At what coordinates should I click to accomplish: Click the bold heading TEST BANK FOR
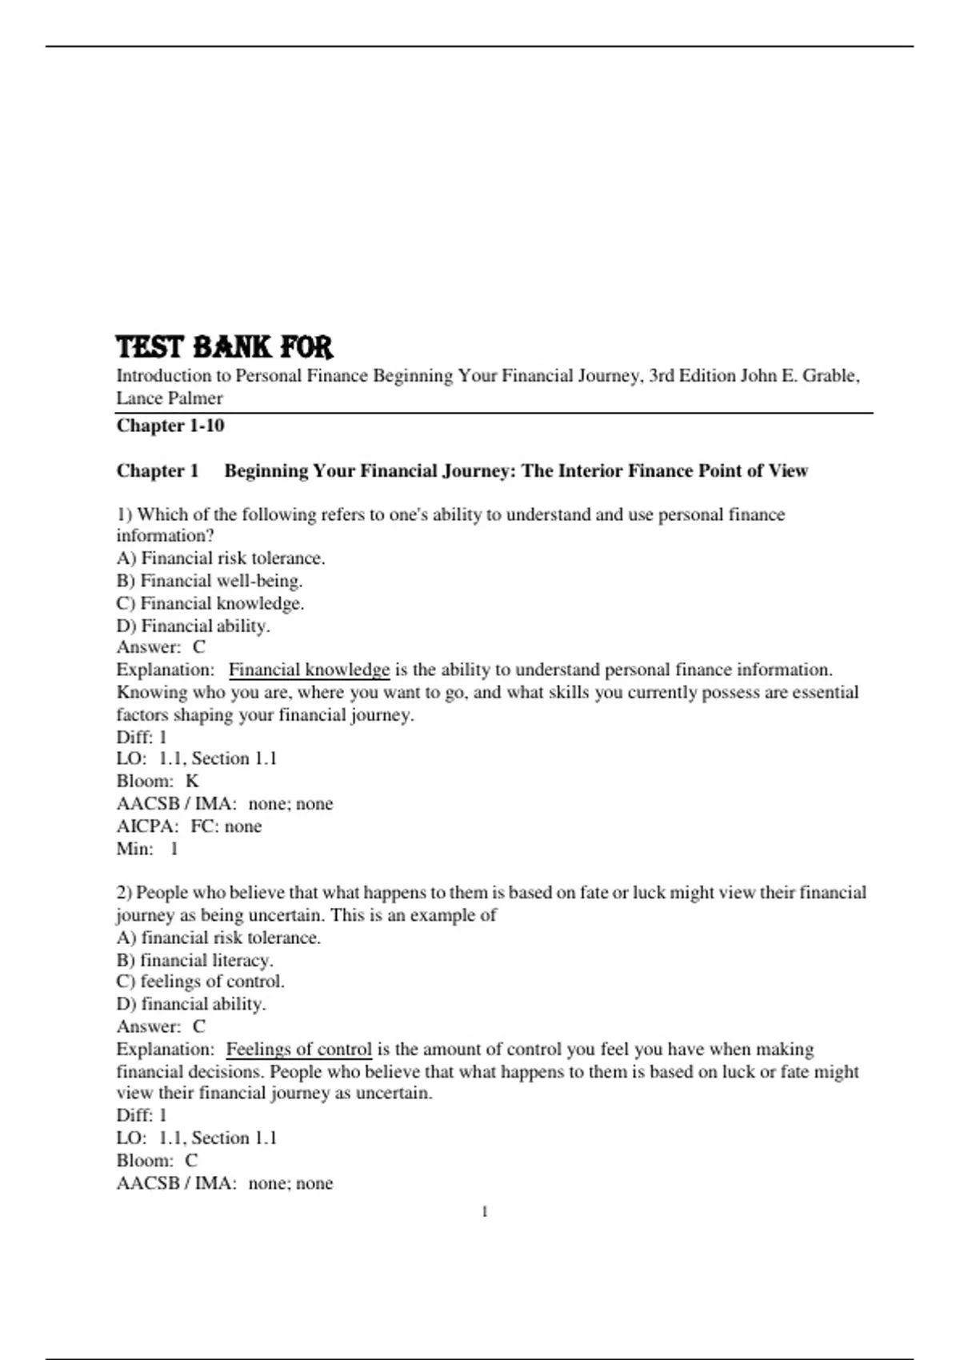coord(224,347)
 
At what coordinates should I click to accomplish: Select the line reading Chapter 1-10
coord(170,426)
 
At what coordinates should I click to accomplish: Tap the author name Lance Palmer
coord(170,398)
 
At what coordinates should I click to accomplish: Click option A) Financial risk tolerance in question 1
coord(221,558)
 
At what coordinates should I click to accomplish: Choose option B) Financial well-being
coord(210,581)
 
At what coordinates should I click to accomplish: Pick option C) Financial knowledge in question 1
coord(210,603)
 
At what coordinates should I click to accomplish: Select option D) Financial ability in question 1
coord(194,626)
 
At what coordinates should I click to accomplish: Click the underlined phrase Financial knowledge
coord(309,670)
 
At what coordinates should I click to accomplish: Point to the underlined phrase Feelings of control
coord(298,1049)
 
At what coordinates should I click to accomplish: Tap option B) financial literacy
coord(195,959)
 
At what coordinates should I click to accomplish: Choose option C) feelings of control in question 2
coord(201,982)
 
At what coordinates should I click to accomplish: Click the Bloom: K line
coord(158,781)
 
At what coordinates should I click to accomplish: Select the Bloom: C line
coord(157,1160)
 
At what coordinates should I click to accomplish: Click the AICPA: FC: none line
coord(189,826)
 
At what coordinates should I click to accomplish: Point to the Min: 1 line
coord(147,848)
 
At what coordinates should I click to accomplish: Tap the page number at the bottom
coord(485,1212)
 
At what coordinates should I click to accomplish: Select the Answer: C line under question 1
coord(161,647)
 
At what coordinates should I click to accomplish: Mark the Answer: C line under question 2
coord(161,1026)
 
